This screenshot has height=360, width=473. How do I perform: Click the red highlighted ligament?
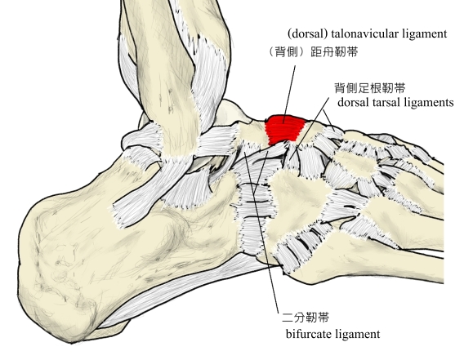pos(283,129)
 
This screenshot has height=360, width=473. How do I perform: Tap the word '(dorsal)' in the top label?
pos(307,33)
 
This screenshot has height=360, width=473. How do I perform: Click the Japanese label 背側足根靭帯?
pos(370,88)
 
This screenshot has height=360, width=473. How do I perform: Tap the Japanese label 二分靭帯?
pos(306,318)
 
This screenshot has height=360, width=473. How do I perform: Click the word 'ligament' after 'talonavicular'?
pos(420,34)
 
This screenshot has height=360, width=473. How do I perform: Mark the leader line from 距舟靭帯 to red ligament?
pos(289,94)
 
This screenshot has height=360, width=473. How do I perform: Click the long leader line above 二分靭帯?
pos(261,232)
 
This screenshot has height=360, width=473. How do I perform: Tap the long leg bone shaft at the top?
pos(169,60)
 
